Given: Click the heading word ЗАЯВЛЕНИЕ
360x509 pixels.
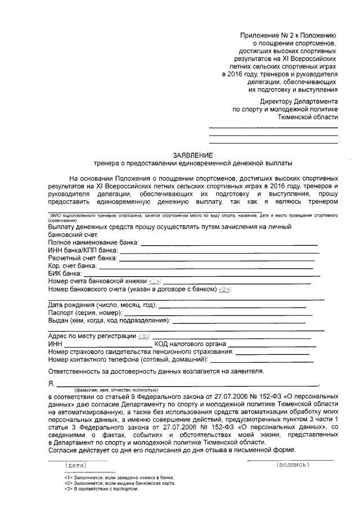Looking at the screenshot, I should [x=193, y=155].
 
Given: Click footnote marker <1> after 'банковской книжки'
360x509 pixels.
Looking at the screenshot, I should [x=155, y=281].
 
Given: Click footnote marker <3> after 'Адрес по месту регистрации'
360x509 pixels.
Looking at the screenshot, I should [x=144, y=336].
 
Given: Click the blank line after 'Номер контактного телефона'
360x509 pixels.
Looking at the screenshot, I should [x=264, y=359].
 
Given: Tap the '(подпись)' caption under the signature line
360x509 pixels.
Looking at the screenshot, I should [x=291, y=465].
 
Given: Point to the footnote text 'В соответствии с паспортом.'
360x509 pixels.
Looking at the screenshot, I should [x=105, y=488].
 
